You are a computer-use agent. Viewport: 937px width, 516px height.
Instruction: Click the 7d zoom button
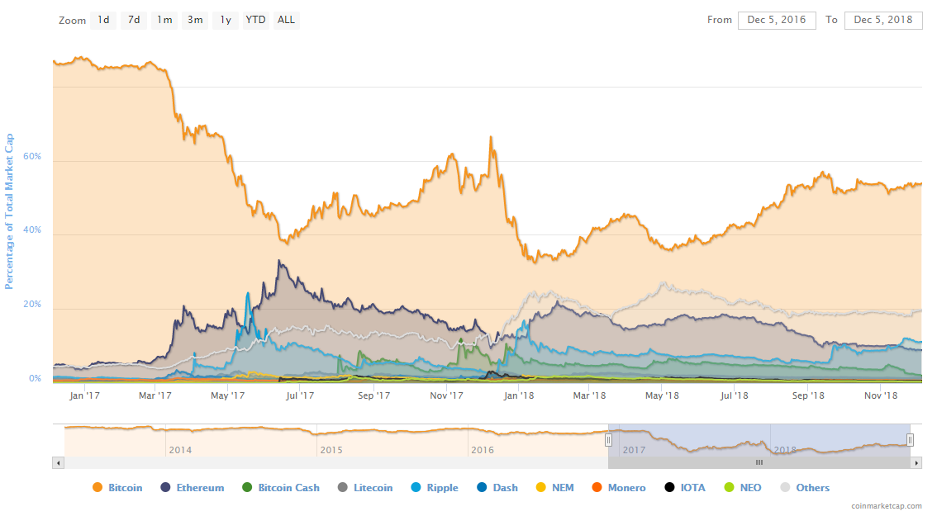tap(134, 20)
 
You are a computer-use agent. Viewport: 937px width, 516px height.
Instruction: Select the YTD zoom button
tap(256, 20)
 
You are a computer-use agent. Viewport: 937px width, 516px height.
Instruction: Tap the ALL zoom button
tap(286, 20)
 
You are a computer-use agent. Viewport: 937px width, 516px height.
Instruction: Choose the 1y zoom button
tap(225, 20)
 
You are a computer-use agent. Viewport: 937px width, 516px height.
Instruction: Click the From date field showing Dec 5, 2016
tap(777, 20)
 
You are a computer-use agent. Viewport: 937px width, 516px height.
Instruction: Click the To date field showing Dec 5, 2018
tap(883, 20)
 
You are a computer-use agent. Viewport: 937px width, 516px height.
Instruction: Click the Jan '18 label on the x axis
tap(519, 395)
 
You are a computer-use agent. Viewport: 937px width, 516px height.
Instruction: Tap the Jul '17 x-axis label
tap(300, 395)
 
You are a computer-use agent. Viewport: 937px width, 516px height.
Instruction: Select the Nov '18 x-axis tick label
tap(881, 395)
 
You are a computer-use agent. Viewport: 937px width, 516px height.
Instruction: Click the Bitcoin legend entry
tap(117, 488)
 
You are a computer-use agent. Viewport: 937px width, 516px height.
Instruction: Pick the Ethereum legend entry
tap(193, 488)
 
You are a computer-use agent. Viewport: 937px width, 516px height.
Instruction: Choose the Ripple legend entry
tap(435, 488)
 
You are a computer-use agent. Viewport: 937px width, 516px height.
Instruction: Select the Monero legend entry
tap(619, 488)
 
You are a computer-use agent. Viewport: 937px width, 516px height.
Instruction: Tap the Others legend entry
tap(805, 488)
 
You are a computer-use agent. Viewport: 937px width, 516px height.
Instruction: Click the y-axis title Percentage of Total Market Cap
tap(10, 211)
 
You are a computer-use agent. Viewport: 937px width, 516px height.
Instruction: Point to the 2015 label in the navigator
tap(331, 450)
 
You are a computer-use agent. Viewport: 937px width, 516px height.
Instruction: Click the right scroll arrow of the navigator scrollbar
tap(916, 462)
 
